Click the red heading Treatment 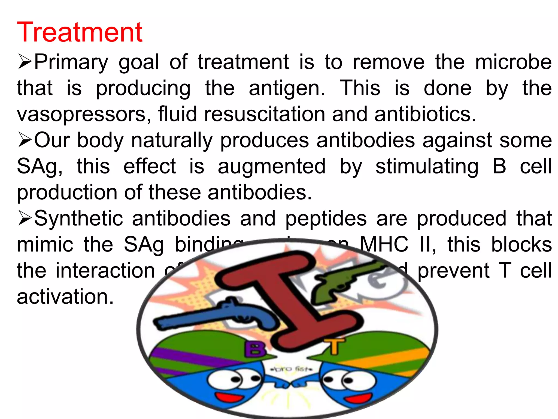tap(80, 32)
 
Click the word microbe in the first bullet tap(513, 62)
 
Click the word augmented tap(272, 166)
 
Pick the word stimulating tap(427, 166)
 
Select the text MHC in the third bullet tap(384, 244)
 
